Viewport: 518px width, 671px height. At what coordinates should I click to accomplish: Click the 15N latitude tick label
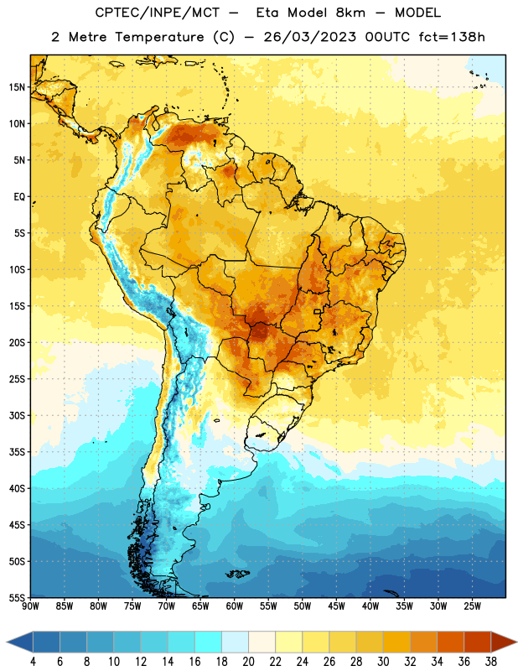point(17,87)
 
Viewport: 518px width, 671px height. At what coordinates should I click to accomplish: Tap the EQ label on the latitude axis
point(19,197)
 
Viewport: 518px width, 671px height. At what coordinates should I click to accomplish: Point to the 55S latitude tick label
point(17,597)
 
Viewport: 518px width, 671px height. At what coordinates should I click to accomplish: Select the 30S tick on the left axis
point(17,415)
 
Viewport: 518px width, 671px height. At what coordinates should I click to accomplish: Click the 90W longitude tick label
point(30,606)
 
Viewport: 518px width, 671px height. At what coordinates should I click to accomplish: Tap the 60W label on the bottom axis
point(235,606)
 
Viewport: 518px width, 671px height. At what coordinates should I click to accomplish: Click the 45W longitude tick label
point(336,606)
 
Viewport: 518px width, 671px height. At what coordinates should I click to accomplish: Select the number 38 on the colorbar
point(491,662)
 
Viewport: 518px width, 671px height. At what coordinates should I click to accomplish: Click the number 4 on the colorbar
point(33,662)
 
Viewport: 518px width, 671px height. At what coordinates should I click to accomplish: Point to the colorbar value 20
point(248,662)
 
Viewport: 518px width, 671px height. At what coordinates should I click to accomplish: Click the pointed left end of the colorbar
point(7,642)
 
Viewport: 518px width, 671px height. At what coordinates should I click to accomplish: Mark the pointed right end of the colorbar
point(516,642)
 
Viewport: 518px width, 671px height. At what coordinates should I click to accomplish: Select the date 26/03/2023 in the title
point(309,37)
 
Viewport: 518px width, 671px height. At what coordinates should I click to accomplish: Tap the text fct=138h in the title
point(452,37)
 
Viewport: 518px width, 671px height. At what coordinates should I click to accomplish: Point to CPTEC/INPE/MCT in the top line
point(157,13)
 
